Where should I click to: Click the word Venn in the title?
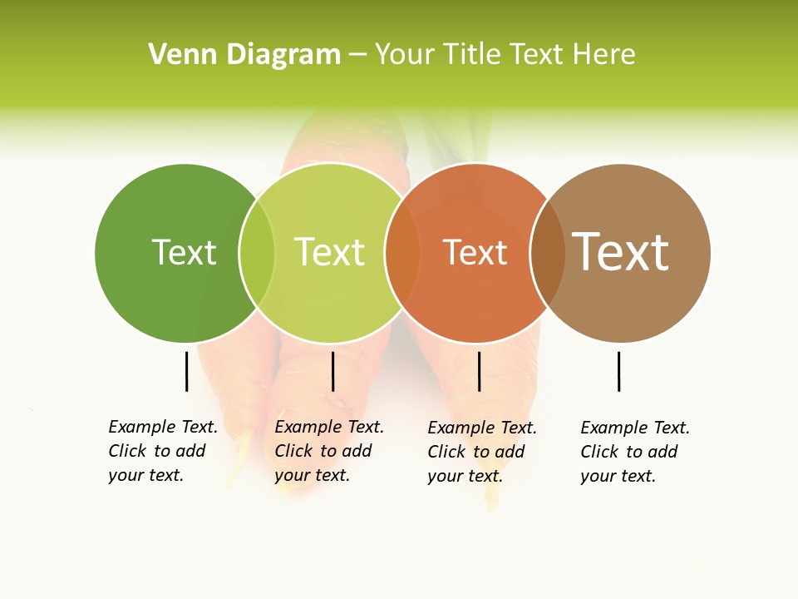(x=184, y=55)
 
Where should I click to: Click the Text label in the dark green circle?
(x=184, y=252)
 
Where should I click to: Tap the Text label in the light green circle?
(x=330, y=252)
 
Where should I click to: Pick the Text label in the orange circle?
(x=475, y=252)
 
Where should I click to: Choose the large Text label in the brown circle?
(x=621, y=252)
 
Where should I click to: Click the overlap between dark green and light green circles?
(x=257, y=253)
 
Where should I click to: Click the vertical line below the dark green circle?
(x=187, y=371)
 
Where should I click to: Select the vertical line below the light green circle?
(x=332, y=371)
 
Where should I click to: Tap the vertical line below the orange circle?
(x=479, y=371)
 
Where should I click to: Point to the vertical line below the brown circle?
(x=619, y=371)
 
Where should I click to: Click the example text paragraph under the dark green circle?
(x=163, y=451)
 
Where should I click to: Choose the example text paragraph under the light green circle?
(x=329, y=451)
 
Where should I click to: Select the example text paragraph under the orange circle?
(x=482, y=452)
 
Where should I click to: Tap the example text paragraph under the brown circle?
(x=635, y=452)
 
